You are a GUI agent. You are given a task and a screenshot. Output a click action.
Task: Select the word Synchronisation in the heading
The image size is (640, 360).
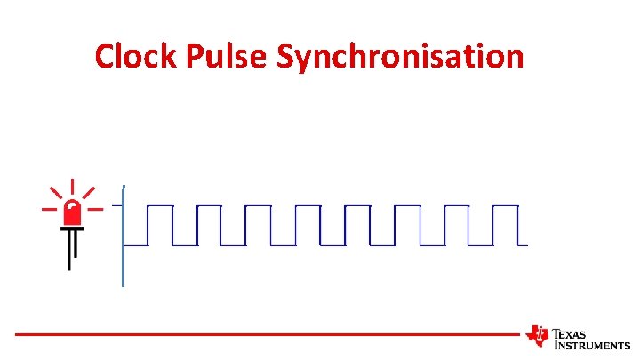[x=400, y=57]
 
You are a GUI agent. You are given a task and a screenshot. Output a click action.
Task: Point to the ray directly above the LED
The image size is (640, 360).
[x=72, y=188]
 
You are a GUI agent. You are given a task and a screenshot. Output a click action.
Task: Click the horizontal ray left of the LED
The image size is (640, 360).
[x=48, y=210]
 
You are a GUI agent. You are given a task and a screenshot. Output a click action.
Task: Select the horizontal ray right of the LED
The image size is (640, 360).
[x=96, y=210]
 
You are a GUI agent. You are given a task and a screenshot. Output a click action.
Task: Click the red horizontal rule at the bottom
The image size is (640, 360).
[x=267, y=334]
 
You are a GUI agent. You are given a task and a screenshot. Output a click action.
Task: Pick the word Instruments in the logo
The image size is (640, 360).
[x=592, y=345]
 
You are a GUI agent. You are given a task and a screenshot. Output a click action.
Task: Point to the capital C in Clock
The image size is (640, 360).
[x=106, y=57]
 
